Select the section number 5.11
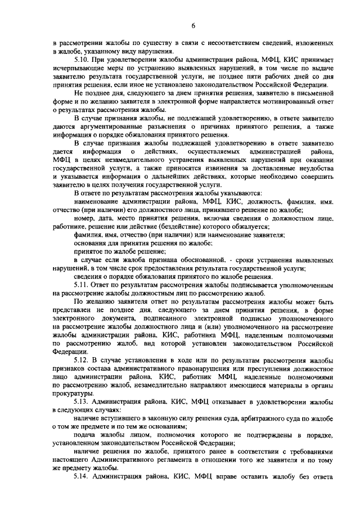(x=82, y=285)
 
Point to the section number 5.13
(x=82, y=402)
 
